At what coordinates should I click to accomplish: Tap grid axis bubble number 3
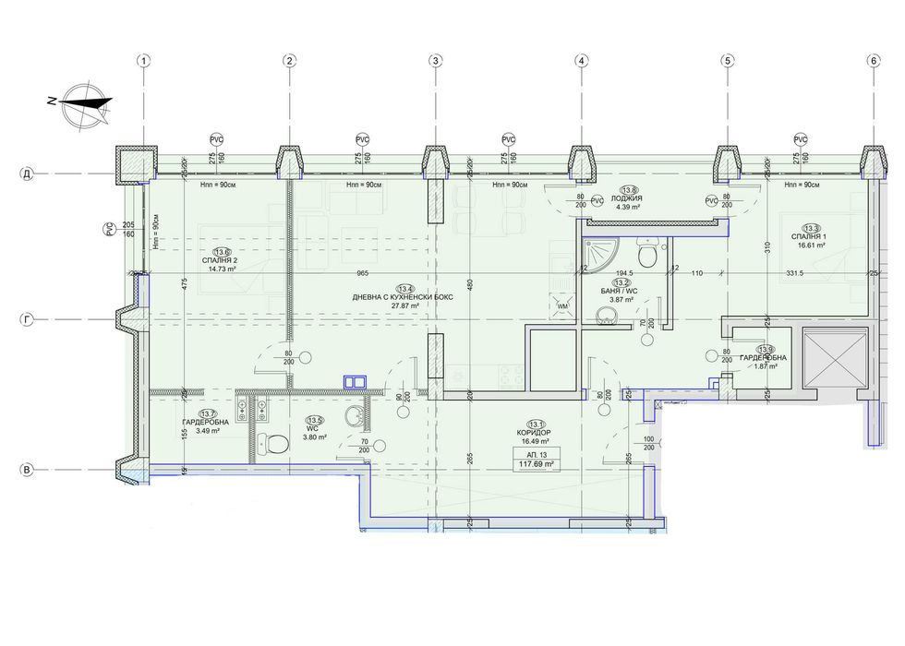[435, 61]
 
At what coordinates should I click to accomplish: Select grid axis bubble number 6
[873, 61]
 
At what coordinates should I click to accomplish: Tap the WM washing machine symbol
[563, 305]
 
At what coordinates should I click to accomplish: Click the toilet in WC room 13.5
[268, 444]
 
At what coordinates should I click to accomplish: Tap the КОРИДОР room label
[536, 433]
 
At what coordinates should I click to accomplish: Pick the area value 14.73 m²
[222, 269]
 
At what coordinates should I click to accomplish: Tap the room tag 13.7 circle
[208, 414]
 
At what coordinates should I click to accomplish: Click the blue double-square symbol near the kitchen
[354, 379]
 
